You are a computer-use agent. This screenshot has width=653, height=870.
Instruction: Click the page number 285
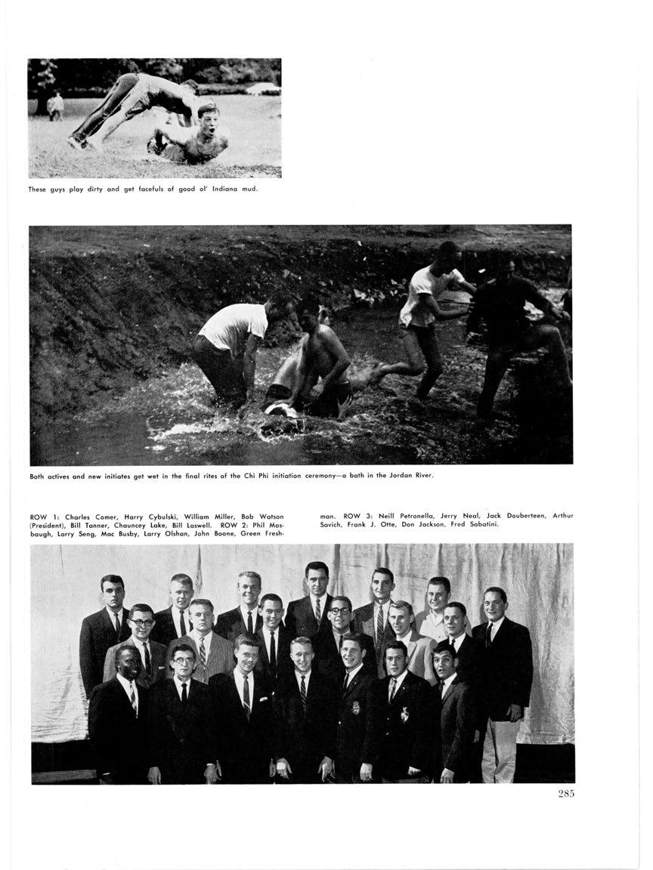563,793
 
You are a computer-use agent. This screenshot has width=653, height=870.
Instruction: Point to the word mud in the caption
249,189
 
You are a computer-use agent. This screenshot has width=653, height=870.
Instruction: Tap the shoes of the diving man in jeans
76,141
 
